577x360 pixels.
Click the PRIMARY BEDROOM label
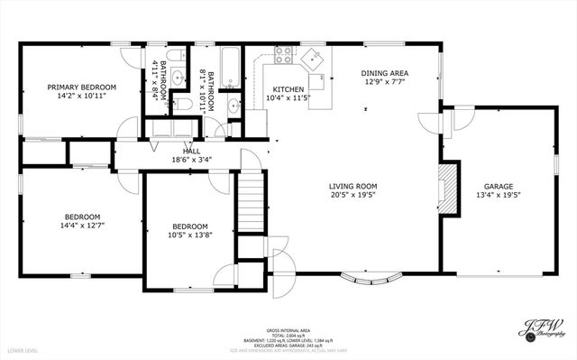(80, 88)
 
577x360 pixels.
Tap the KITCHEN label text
(282, 89)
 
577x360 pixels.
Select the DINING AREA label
(385, 73)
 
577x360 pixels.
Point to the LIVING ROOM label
(353, 185)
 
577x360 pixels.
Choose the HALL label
(191, 152)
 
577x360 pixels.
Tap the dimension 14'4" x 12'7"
(82, 227)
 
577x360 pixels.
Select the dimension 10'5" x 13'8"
(190, 236)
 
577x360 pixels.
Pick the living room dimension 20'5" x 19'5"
(353, 195)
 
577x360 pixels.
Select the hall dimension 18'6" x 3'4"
(191, 160)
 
